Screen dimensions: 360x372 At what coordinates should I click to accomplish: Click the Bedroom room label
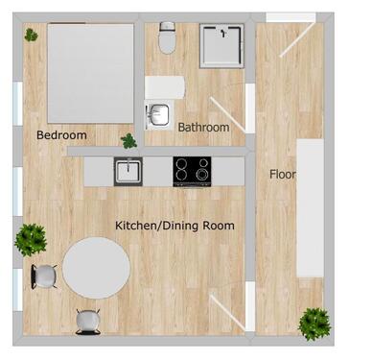click(61, 135)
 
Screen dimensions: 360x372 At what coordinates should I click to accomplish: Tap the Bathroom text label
click(203, 127)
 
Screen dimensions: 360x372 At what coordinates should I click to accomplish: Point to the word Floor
click(282, 175)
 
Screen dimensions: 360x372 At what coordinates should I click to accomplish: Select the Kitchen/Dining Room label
click(174, 226)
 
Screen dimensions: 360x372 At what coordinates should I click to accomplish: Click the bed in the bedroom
click(91, 73)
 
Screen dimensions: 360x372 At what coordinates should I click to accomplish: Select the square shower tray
click(222, 47)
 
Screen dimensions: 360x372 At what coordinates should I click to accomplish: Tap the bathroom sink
click(157, 115)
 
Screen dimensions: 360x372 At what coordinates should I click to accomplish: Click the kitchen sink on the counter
click(127, 172)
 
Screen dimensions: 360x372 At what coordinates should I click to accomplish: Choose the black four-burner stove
click(193, 171)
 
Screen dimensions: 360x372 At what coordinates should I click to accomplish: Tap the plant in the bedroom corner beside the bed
click(32, 36)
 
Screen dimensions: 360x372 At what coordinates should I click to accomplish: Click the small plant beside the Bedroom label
click(128, 141)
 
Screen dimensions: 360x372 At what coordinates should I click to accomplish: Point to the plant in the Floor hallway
click(314, 323)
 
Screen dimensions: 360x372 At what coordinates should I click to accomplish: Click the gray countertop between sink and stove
click(157, 171)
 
